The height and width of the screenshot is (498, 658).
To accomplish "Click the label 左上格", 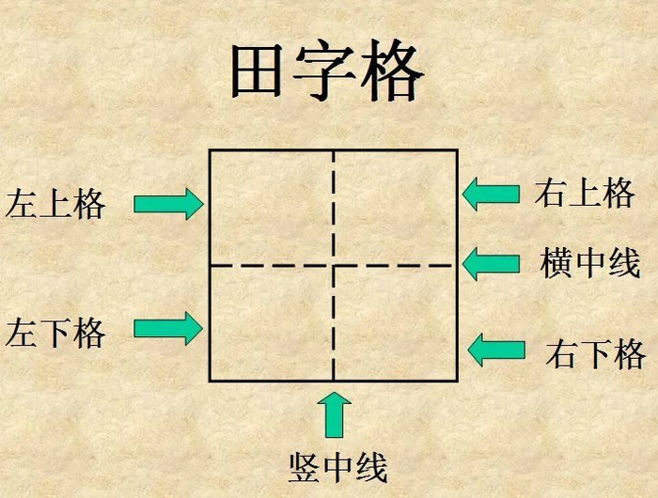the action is pos(55,204).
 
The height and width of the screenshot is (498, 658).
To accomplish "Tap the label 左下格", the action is pos(55,333).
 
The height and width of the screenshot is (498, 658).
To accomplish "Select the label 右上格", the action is pos(585,194).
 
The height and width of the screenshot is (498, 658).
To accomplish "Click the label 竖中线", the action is pos(337,466).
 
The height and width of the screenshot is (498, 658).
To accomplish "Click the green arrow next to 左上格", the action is pos(168,203).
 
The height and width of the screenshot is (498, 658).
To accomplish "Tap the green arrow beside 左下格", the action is pos(168,328).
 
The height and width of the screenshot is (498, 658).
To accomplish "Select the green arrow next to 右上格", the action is pos(491,194).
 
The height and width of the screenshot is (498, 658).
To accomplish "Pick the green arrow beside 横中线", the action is pos(491,263).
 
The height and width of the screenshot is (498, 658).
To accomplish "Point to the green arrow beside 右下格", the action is pos(496,350).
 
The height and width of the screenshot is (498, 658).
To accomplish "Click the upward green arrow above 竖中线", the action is pos(334,414).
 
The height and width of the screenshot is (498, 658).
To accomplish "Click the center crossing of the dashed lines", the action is pos(334,265).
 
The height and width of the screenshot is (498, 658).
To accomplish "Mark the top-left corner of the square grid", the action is pos(210,150).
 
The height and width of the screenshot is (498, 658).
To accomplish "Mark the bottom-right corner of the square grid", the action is pos(457,381).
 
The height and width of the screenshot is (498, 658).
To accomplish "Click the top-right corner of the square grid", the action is pos(457,150).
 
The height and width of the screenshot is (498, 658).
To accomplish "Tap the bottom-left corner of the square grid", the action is pos(210,381).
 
